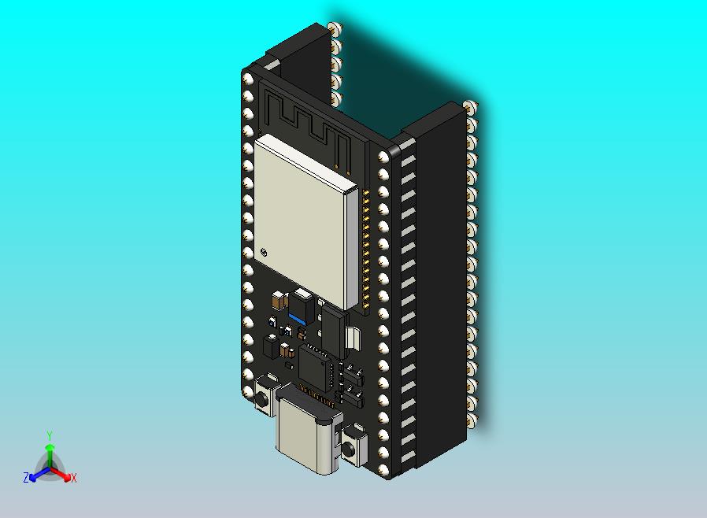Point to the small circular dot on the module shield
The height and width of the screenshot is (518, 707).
[265, 252]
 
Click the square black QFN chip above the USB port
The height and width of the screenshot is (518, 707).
[316, 366]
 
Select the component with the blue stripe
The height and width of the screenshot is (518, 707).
[301, 308]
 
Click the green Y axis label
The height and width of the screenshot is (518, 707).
[49, 435]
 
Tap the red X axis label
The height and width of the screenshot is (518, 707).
[74, 478]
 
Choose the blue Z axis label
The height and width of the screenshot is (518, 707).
[25, 478]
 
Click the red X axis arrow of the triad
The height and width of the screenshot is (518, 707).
[63, 475]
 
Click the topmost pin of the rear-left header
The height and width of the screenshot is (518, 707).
[336, 29]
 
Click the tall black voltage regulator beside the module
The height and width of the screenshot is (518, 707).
[334, 331]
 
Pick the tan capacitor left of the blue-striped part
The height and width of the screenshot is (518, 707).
[278, 300]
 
